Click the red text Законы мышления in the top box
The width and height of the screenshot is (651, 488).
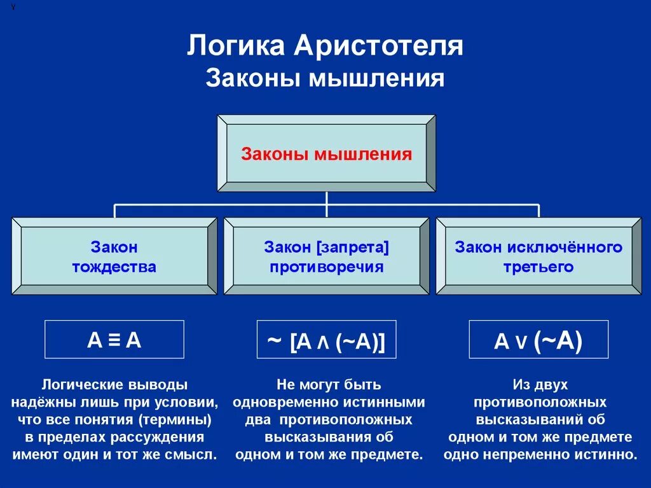tap(326, 154)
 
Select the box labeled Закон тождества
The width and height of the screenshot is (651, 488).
tap(114, 256)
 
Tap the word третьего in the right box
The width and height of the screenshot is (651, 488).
tap(538, 267)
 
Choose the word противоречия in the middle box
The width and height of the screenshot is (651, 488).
tap(326, 267)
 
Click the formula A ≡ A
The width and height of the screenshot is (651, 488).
tap(114, 340)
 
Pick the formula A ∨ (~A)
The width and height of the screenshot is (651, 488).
tap(538, 342)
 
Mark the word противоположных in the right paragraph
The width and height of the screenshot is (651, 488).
tap(540, 402)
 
